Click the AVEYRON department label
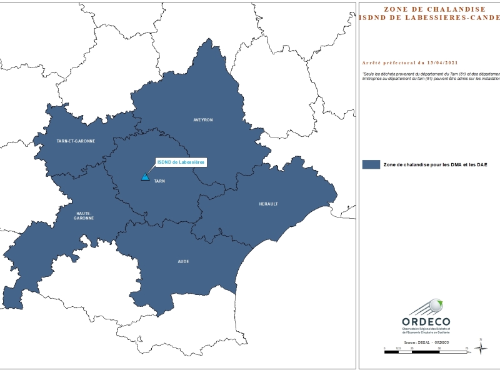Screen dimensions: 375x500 [203, 119]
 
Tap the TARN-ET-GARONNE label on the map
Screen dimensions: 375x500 [76, 141]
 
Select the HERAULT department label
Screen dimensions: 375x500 [268, 204]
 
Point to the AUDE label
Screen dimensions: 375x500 [183, 261]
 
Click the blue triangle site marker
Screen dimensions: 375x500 [145, 177]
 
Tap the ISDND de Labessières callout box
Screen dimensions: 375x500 [180, 162]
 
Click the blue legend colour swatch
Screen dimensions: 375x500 [371, 164]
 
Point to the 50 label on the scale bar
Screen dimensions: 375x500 [439, 348]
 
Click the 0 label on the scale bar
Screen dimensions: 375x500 [384, 348]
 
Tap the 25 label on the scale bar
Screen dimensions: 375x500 [412, 348]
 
